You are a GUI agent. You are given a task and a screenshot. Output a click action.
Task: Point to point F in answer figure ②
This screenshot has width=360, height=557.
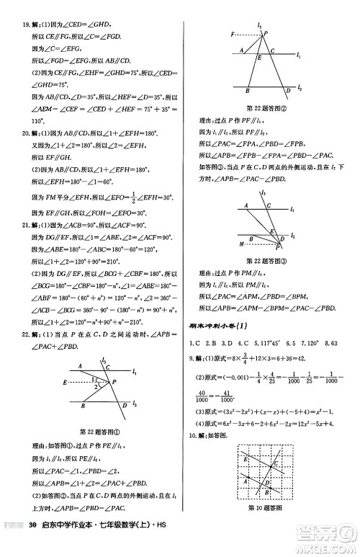point(232,34)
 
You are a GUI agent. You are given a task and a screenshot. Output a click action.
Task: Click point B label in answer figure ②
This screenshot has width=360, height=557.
point(247,92)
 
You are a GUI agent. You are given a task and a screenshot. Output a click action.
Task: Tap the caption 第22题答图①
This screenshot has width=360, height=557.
point(101,432)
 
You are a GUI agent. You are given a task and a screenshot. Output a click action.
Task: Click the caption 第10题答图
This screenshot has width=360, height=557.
point(266,509)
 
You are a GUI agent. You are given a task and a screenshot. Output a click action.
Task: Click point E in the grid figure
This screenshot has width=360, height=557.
point(247,458)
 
